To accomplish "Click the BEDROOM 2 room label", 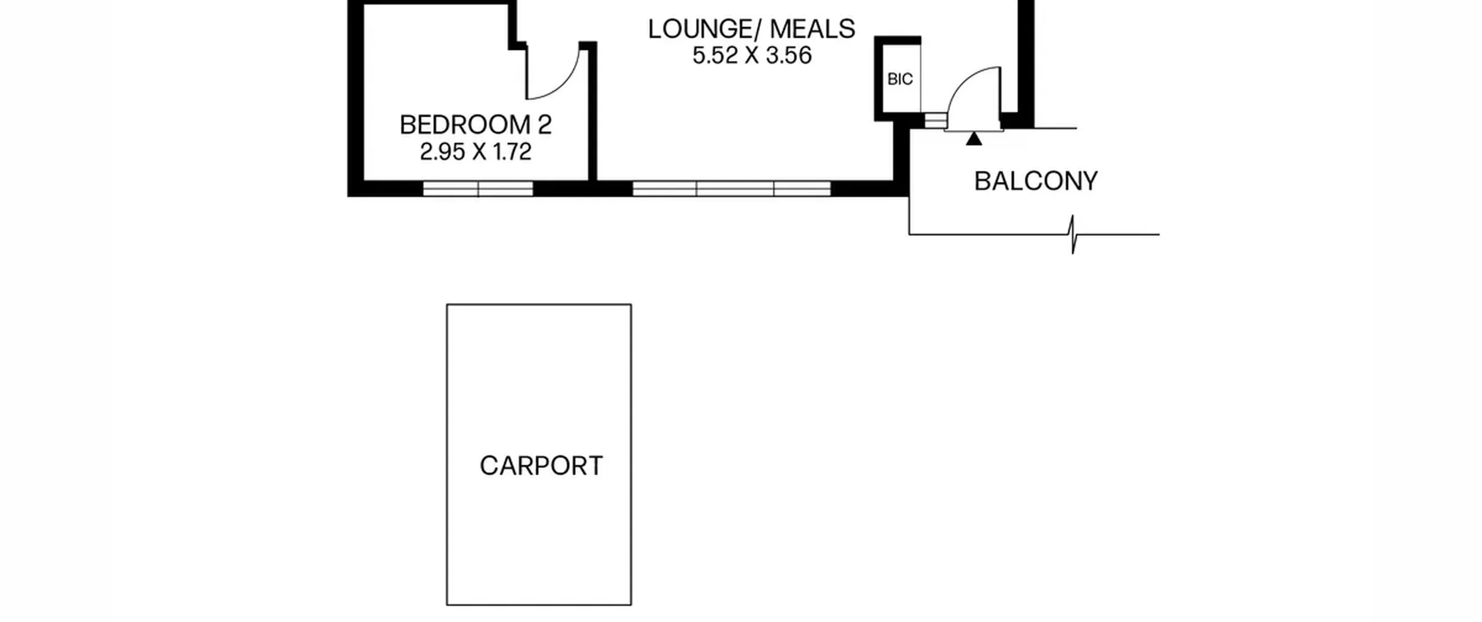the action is [475, 125].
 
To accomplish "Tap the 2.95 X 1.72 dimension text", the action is [475, 152].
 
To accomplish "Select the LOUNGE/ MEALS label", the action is [751, 29].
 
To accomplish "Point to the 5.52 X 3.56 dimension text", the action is [752, 56].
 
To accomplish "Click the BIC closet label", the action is [900, 79].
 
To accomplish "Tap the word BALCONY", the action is [1036, 181].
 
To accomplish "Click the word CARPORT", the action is [541, 466].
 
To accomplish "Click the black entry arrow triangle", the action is [974, 138].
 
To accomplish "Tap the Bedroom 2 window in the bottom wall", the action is [478, 189].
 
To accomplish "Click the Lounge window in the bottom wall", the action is [732, 189].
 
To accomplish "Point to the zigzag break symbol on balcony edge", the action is [1073, 234].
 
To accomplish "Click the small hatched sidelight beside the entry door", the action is [934, 120].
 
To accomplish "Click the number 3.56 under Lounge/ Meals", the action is [789, 56].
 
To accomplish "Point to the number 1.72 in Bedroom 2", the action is [512, 152].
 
